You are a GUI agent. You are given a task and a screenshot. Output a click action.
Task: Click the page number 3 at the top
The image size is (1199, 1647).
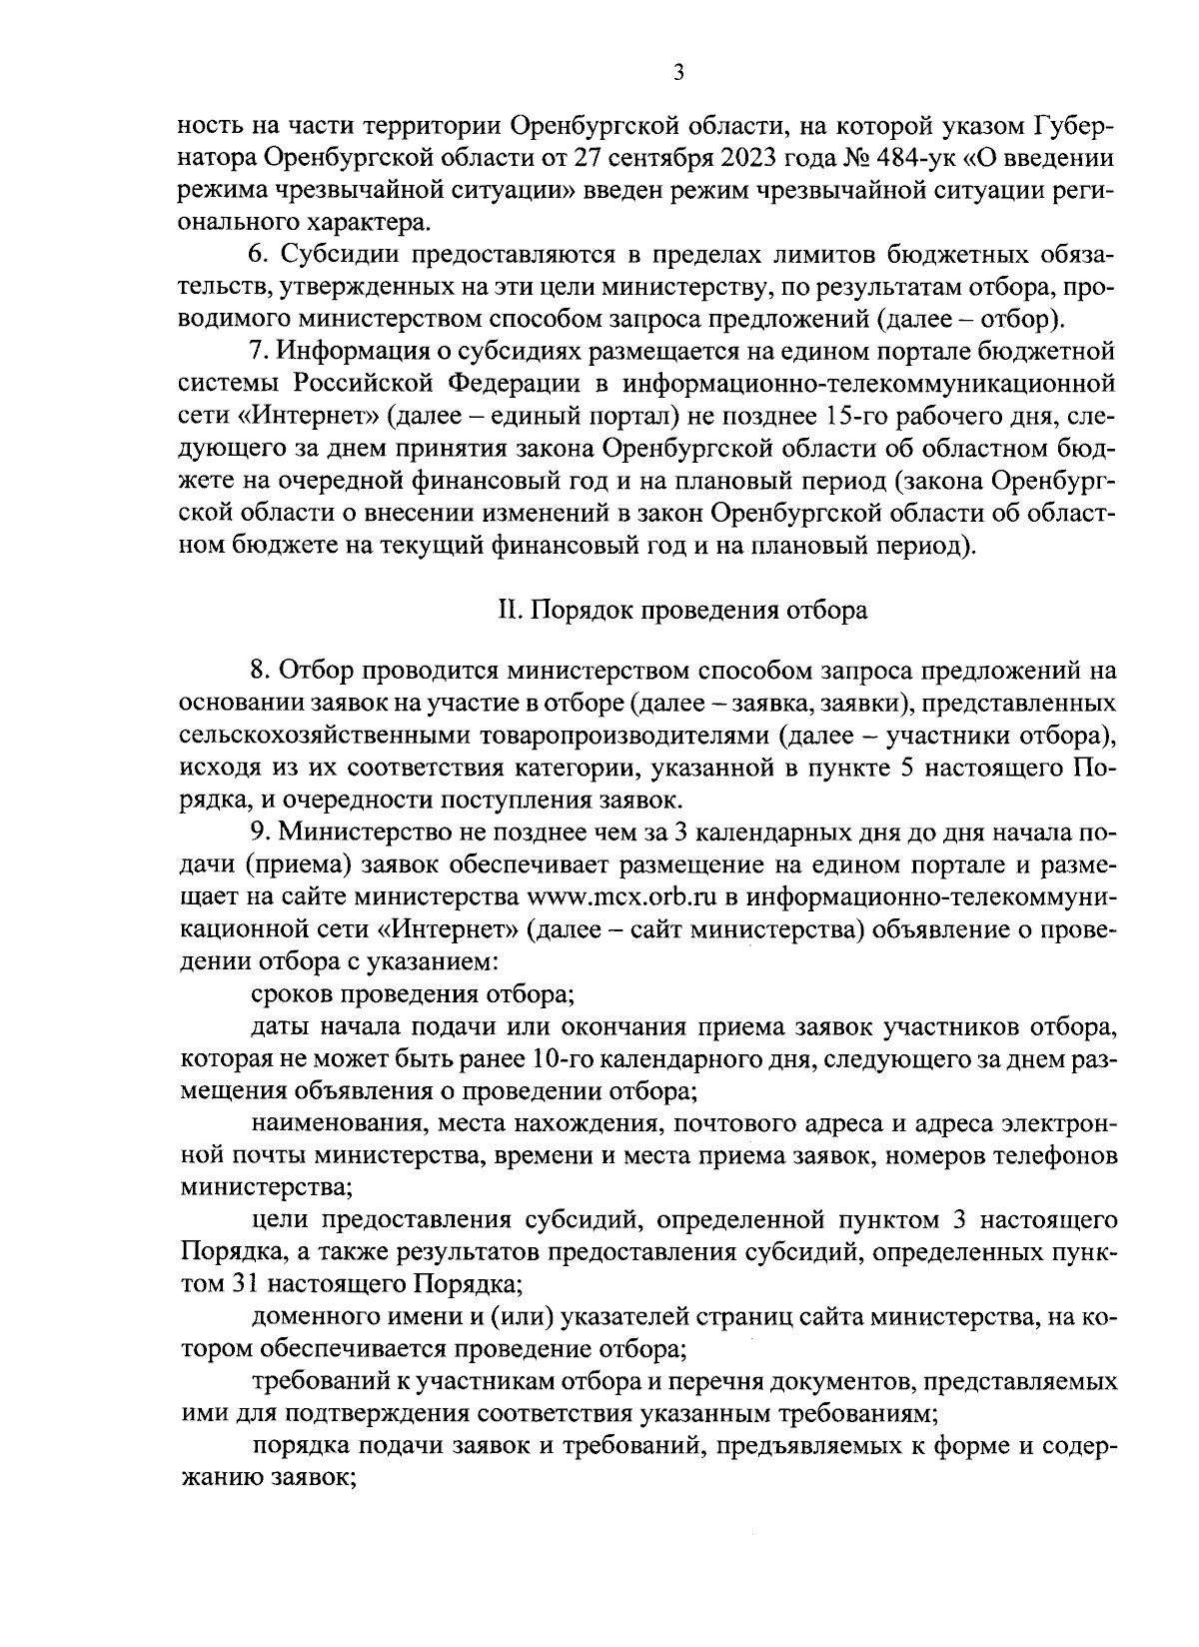[678, 72]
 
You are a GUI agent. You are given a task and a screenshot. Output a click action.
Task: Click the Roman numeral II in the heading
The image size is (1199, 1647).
[507, 610]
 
